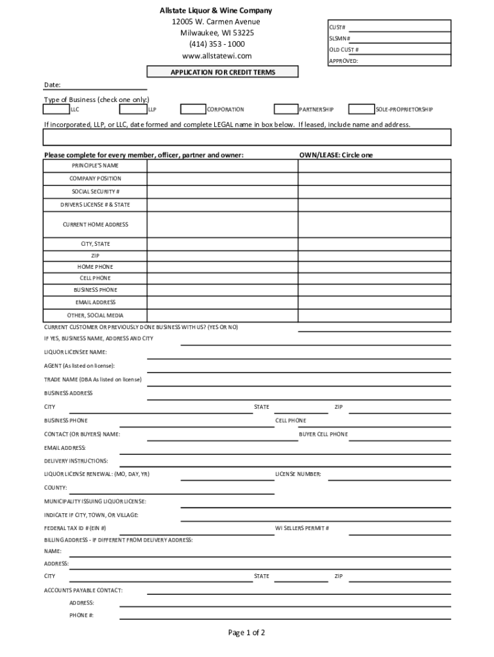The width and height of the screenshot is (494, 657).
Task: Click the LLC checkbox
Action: [56, 109]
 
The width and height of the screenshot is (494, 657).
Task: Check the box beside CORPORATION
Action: [193, 109]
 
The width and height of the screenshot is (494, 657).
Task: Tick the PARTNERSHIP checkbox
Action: [286, 109]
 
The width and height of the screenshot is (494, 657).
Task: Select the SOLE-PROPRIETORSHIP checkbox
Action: [362, 109]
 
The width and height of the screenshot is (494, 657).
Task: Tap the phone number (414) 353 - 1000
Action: [216, 44]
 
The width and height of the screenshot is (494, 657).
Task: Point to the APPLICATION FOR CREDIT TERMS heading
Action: [223, 73]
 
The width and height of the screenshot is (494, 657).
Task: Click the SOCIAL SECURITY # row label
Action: [96, 192]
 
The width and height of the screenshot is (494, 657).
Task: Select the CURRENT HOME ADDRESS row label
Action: [96, 225]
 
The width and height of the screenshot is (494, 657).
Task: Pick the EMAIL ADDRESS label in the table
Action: [96, 302]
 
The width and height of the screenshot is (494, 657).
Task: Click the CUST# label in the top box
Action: [337, 28]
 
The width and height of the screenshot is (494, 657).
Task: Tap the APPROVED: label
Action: [343, 61]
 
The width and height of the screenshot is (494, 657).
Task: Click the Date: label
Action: [52, 85]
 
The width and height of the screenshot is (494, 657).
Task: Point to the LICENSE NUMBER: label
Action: [298, 475]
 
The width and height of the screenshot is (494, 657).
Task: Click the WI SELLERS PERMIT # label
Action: [302, 528]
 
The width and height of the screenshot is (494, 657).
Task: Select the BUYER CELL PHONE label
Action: [323, 434]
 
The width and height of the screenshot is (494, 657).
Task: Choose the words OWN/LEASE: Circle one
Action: [336, 155]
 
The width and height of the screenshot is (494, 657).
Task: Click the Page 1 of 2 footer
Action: [246, 633]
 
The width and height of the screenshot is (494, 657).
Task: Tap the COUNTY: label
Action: [55, 488]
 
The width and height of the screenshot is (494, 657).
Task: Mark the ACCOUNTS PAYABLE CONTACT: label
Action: [83, 590]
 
